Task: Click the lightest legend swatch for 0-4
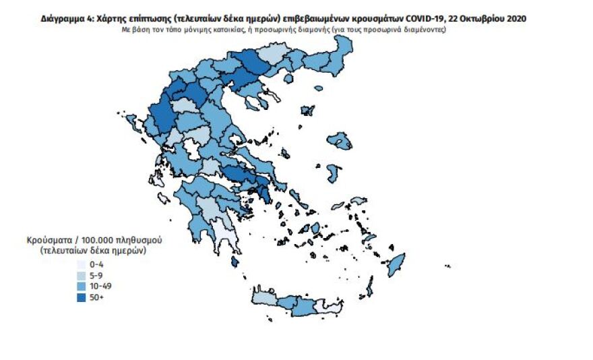pos(82,264)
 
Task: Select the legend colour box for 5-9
pos(82,274)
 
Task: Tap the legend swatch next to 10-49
pos(82,285)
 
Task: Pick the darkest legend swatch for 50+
pos(82,296)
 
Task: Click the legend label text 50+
pos(96,296)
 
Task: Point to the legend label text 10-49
pos(99,285)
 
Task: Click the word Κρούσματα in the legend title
pos(49,240)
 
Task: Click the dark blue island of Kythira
pos(235,262)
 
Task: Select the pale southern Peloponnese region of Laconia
pos(224,236)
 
